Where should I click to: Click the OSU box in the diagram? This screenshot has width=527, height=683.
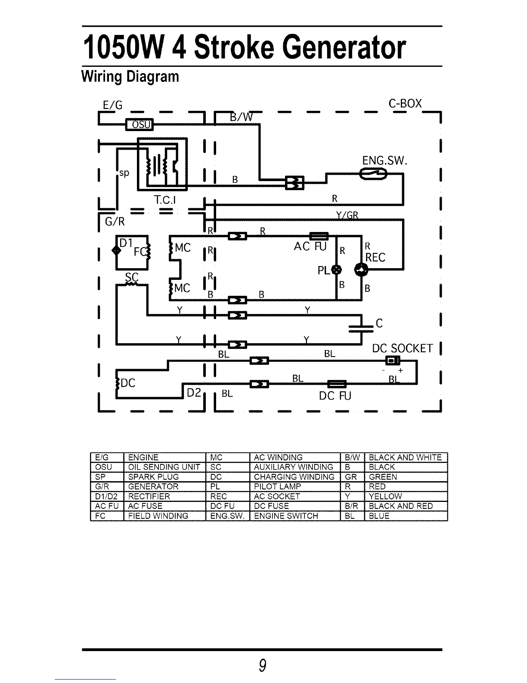pyautogui.click(x=139, y=125)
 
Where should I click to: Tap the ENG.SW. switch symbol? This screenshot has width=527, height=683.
pyautogui.click(x=373, y=174)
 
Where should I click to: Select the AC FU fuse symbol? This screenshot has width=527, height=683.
pyautogui.click(x=319, y=236)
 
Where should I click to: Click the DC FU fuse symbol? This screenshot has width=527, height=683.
pyautogui.click(x=337, y=384)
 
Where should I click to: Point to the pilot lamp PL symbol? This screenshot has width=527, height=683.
pyautogui.click(x=337, y=269)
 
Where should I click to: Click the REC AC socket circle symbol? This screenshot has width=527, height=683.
pyautogui.click(x=361, y=269)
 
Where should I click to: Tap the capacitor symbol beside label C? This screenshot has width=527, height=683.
pyautogui.click(x=361, y=329)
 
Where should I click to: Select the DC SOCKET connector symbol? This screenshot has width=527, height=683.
pyautogui.click(x=392, y=360)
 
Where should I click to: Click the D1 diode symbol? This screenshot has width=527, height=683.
pyautogui.click(x=116, y=251)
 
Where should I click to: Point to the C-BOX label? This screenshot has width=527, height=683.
pyautogui.click(x=405, y=103)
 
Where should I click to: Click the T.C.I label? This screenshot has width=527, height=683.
pyautogui.click(x=164, y=200)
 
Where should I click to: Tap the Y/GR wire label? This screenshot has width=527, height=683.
pyautogui.click(x=347, y=215)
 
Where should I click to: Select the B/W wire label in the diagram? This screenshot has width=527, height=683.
pyautogui.click(x=242, y=117)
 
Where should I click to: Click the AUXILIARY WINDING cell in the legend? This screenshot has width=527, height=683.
pyautogui.click(x=295, y=467)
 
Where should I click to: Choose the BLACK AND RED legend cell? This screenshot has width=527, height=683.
pyautogui.click(x=406, y=506)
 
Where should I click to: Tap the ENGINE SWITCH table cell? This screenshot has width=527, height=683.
pyautogui.click(x=295, y=516)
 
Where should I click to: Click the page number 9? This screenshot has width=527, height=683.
pyautogui.click(x=262, y=665)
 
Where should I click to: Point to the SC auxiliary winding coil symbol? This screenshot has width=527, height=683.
pyautogui.click(x=131, y=284)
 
